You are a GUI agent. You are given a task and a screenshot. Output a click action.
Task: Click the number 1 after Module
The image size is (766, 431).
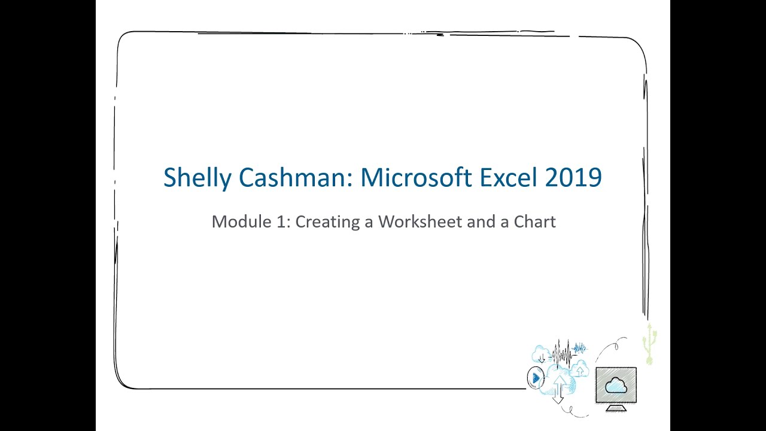pos(283,222)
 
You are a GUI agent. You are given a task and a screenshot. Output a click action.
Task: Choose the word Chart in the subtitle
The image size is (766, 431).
pos(535,222)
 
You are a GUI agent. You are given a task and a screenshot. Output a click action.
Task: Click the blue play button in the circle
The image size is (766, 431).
pos(536,378)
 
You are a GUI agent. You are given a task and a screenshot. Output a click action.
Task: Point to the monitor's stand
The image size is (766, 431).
pos(616,407)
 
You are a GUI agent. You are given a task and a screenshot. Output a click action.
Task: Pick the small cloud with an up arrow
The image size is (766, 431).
pos(579,369)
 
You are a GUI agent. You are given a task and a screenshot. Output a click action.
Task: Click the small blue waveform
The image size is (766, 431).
pos(580,348)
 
